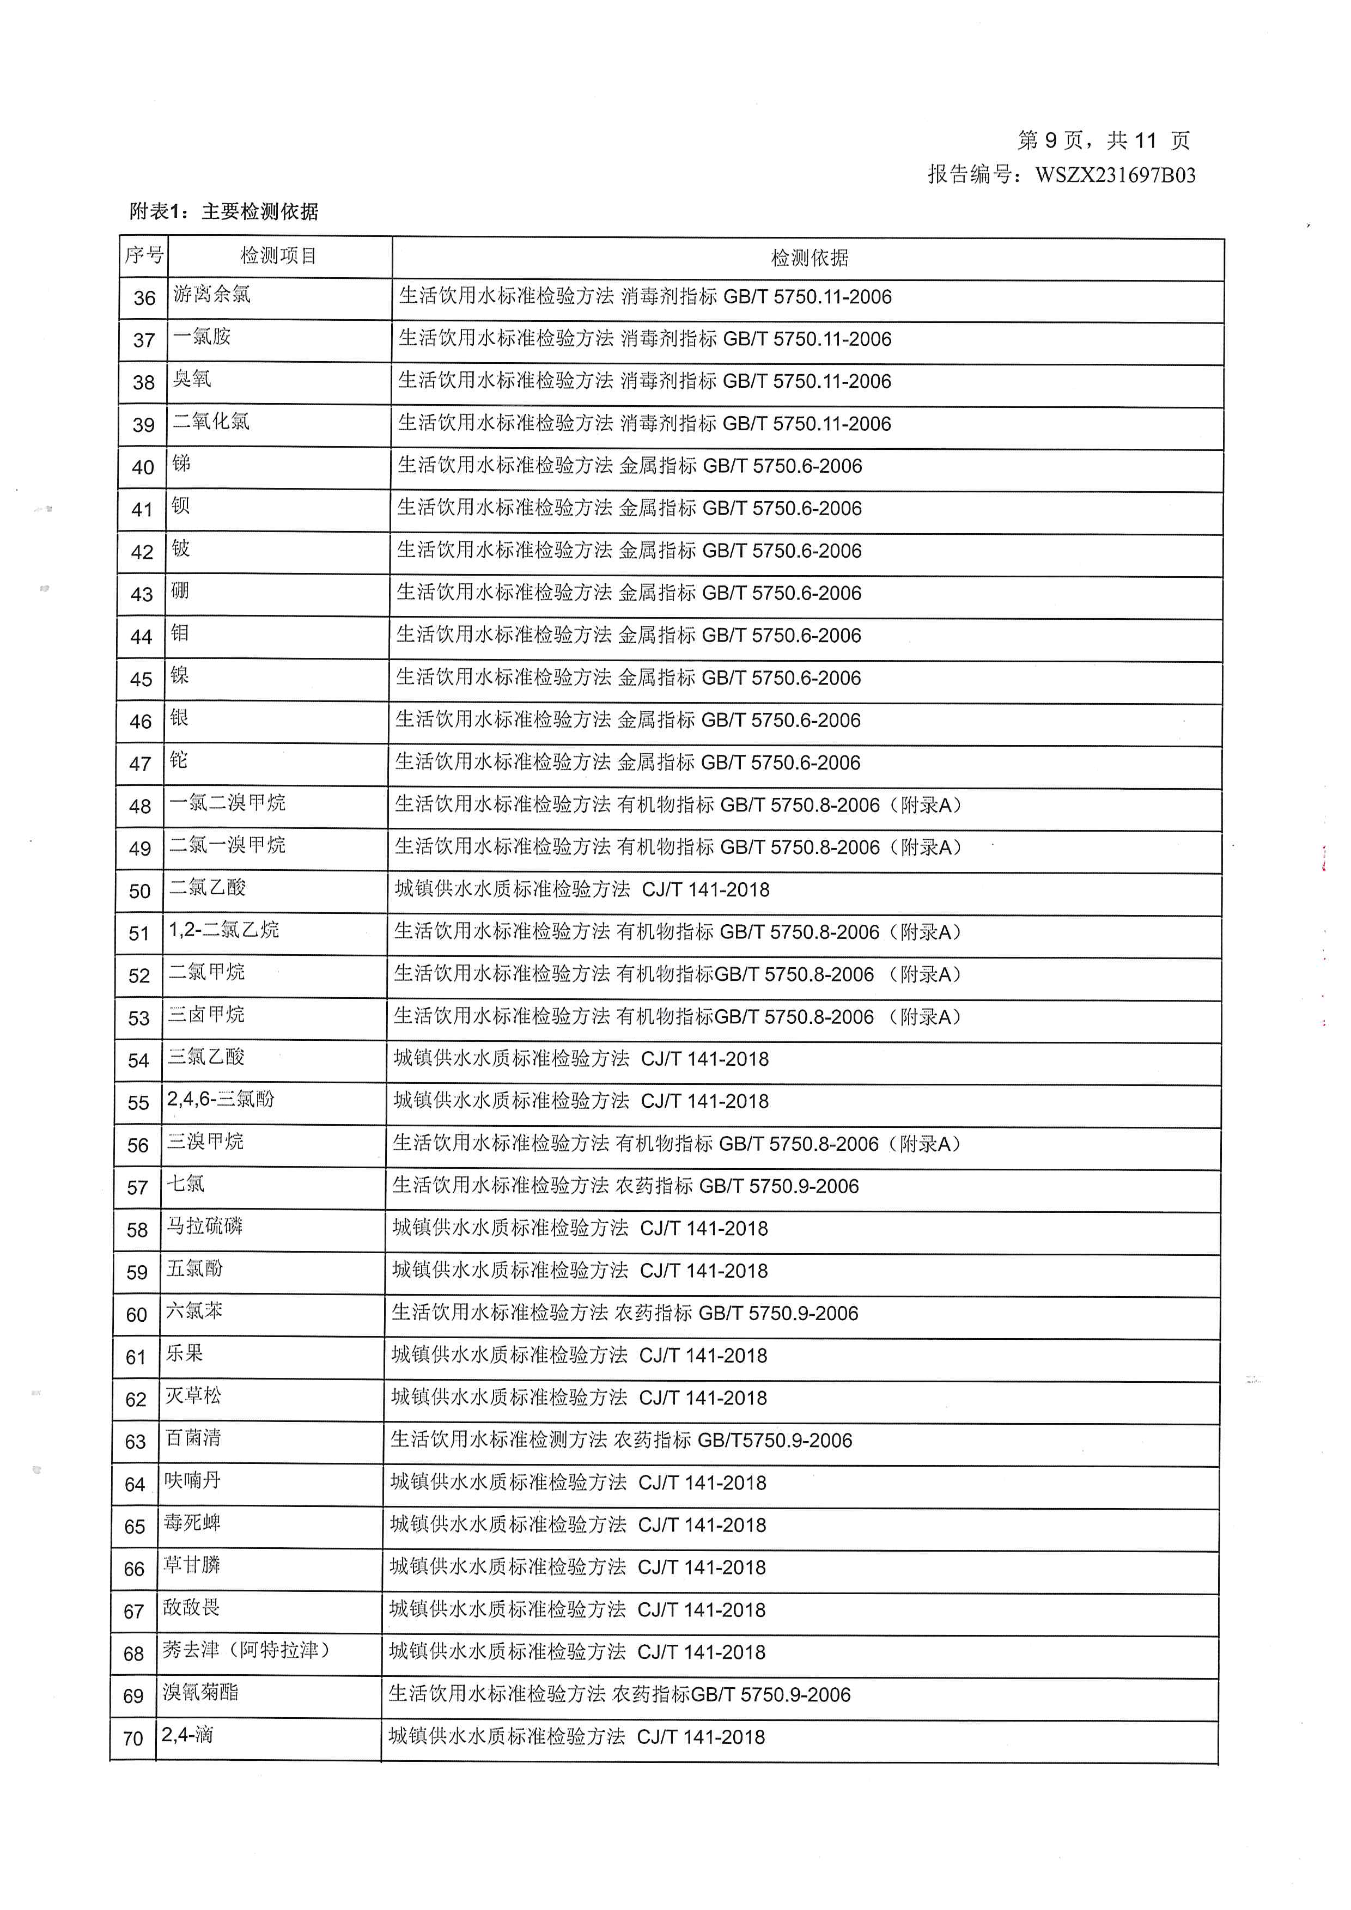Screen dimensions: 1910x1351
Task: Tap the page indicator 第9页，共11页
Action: tap(1103, 141)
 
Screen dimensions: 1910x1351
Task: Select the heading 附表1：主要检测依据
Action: tap(224, 212)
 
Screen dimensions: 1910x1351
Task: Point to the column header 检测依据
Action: tap(808, 258)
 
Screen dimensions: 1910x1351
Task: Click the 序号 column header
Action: tap(144, 255)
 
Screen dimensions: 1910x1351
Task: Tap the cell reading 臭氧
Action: tap(192, 380)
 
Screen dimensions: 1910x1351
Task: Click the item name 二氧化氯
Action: tap(211, 422)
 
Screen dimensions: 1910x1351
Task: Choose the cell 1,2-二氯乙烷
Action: tap(224, 930)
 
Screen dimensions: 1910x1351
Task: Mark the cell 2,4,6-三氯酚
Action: tap(221, 1100)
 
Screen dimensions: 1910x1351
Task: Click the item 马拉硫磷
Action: tap(205, 1226)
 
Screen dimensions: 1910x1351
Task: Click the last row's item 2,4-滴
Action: tap(187, 1735)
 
